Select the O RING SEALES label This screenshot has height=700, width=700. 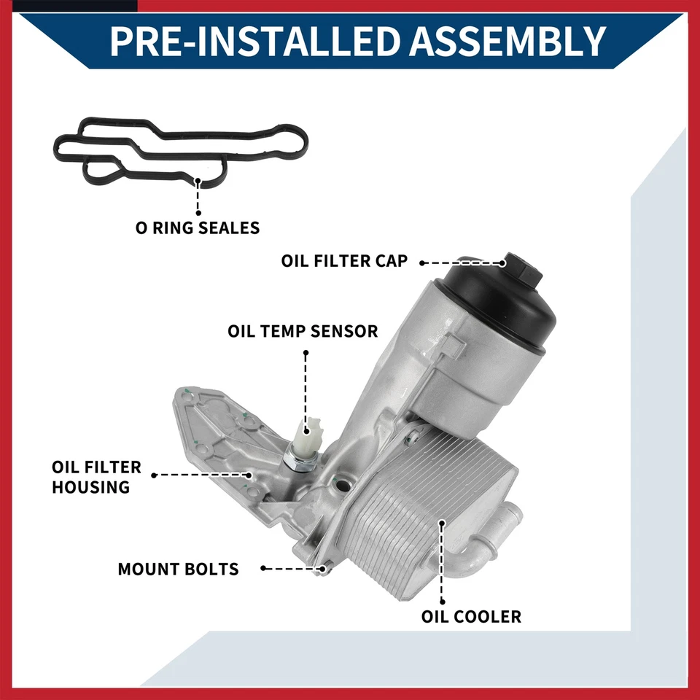coord(198,227)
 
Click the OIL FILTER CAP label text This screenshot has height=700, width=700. coord(344,261)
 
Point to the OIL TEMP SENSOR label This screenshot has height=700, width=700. coord(303,331)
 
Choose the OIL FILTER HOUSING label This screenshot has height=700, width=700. coord(96,477)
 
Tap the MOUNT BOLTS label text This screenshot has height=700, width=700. coord(178,569)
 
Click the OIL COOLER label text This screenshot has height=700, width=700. coord(471,617)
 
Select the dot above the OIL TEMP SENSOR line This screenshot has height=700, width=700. coord(306,353)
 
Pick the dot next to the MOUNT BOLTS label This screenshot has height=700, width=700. coord(262,567)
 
